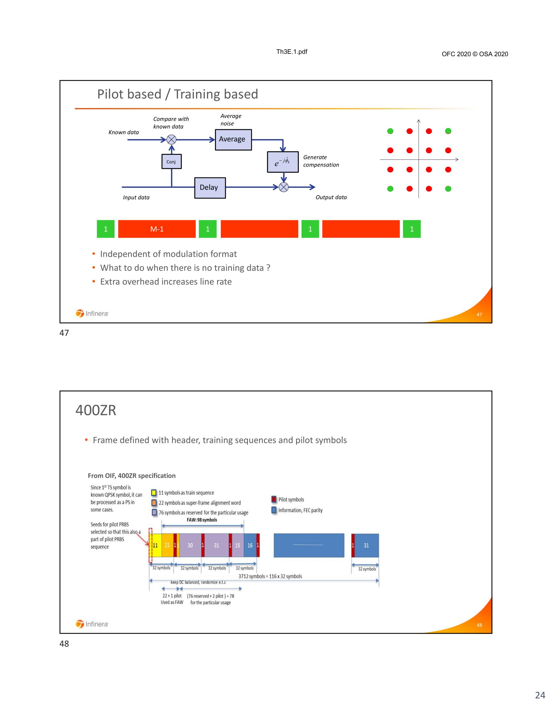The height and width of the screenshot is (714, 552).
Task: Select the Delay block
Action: click(210, 188)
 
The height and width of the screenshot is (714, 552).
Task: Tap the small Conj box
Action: click(171, 161)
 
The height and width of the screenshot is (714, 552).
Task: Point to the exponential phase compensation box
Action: click(283, 162)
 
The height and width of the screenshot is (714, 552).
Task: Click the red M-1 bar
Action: click(157, 229)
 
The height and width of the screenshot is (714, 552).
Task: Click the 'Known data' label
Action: click(124, 133)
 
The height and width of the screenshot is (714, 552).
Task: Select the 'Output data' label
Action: click(331, 197)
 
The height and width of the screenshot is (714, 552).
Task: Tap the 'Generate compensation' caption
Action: click(321, 161)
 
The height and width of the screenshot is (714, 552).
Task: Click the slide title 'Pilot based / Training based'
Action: click(178, 94)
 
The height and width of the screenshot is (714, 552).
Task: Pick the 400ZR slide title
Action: click(96, 410)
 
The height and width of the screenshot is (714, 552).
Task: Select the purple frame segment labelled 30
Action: click(190, 545)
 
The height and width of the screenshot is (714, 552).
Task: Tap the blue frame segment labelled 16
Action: click(250, 545)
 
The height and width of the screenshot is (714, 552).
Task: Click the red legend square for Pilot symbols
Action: click(274, 499)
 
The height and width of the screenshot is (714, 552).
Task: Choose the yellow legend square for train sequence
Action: click(154, 493)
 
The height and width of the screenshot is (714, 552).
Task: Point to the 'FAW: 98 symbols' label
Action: click(202, 520)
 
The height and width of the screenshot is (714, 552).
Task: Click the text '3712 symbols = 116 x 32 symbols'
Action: click(270, 576)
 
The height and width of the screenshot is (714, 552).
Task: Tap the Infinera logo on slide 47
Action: click(92, 313)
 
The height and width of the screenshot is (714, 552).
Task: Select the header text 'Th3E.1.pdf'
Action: click(292, 52)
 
